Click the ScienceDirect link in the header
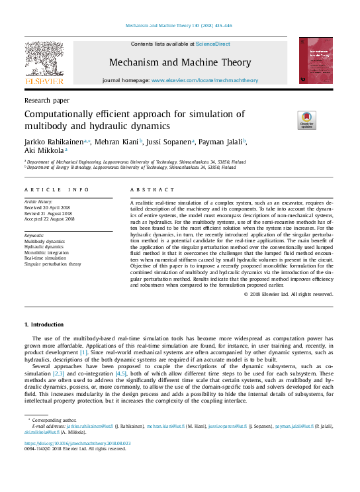[x=213, y=43]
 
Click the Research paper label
[x=46, y=100]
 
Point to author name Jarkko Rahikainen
[x=53, y=142]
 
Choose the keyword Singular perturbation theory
[x=52, y=264]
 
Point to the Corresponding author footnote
[x=54, y=420]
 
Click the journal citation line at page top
[x=179, y=26]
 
